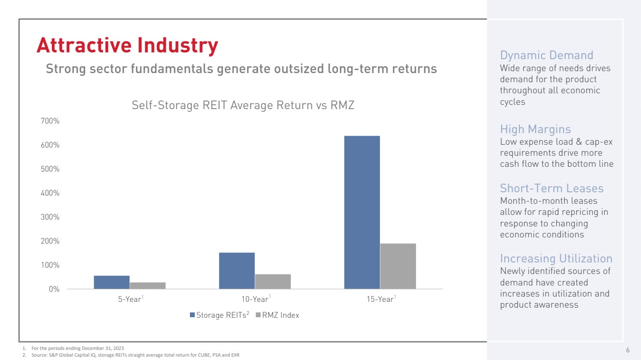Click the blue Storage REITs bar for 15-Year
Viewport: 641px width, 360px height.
(362, 212)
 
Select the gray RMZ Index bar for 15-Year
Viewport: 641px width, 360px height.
(398, 266)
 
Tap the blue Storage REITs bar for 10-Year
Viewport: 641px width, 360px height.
(237, 271)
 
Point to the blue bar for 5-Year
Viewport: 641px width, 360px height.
(112, 282)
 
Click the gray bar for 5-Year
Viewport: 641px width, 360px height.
(148, 286)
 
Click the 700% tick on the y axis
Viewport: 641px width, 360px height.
(50, 121)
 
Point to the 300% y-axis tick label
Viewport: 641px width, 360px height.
(50, 217)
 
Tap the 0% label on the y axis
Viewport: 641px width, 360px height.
(53, 289)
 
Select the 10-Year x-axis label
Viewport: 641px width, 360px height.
(255, 299)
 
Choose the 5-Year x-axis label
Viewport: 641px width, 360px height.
(130, 299)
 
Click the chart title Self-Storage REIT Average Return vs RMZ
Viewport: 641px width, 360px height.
(243, 105)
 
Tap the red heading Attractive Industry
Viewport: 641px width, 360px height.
(127, 46)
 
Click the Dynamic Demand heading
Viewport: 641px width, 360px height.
(547, 55)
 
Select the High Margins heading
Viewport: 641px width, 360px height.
(535, 129)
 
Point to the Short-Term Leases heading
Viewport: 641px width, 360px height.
(552, 188)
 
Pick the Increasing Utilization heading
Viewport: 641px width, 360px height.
(556, 259)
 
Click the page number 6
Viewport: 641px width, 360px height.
(628, 349)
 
